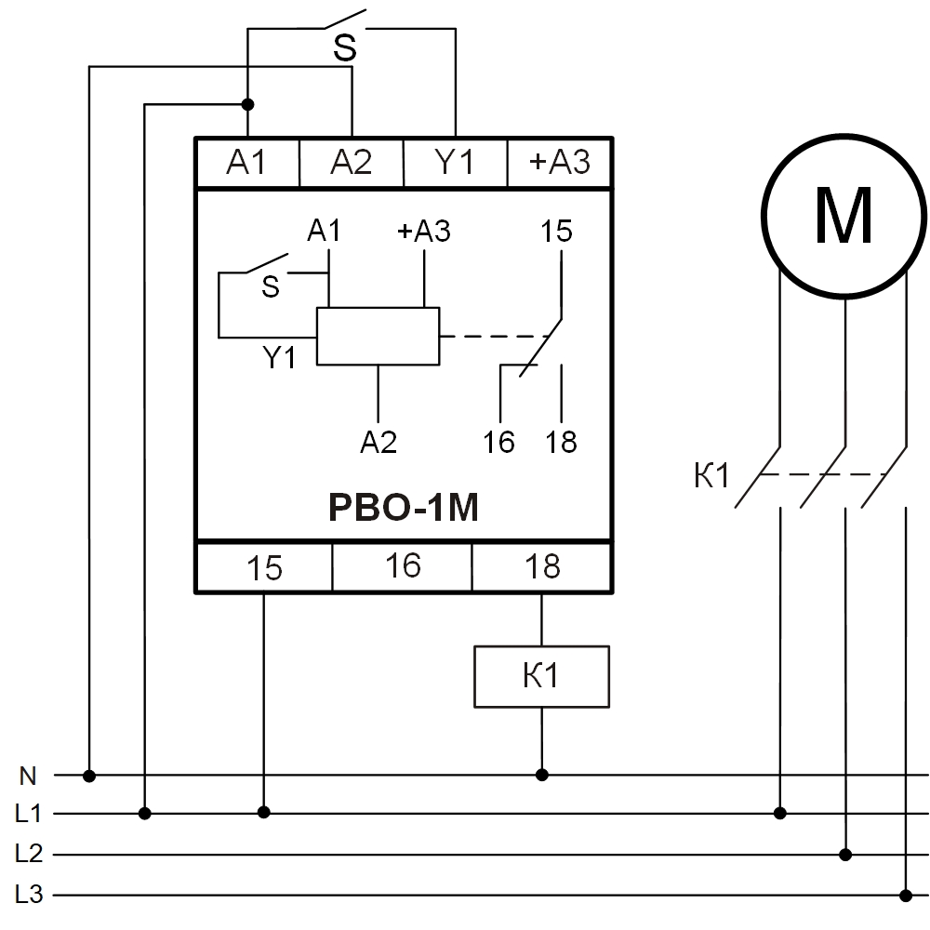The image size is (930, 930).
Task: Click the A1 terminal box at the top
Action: pyautogui.click(x=246, y=163)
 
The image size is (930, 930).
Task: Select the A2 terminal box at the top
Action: pyautogui.click(x=351, y=163)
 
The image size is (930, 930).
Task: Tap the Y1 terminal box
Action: pyautogui.click(x=455, y=163)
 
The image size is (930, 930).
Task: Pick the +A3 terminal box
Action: pyautogui.click(x=559, y=163)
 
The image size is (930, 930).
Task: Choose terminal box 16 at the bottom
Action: pyautogui.click(x=403, y=565)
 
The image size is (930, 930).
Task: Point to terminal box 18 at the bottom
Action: pyautogui.click(x=541, y=566)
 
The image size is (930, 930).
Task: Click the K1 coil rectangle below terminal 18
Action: pyautogui.click(x=541, y=677)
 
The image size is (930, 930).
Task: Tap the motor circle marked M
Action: pyautogui.click(x=844, y=217)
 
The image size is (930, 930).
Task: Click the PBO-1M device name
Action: pyautogui.click(x=403, y=509)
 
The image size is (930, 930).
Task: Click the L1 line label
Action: pyautogui.click(x=29, y=814)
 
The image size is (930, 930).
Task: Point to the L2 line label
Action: pyautogui.click(x=29, y=854)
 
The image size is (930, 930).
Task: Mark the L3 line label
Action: pyautogui.click(x=29, y=895)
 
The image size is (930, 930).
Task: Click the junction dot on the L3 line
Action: pyautogui.click(x=906, y=895)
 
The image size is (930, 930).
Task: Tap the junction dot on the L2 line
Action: pyautogui.click(x=845, y=854)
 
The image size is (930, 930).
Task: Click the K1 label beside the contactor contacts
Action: pyautogui.click(x=712, y=477)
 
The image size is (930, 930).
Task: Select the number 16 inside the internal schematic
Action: pyautogui.click(x=499, y=442)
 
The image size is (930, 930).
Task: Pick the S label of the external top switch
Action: pyautogui.click(x=345, y=49)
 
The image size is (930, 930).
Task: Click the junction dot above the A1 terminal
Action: pyautogui.click(x=247, y=104)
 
